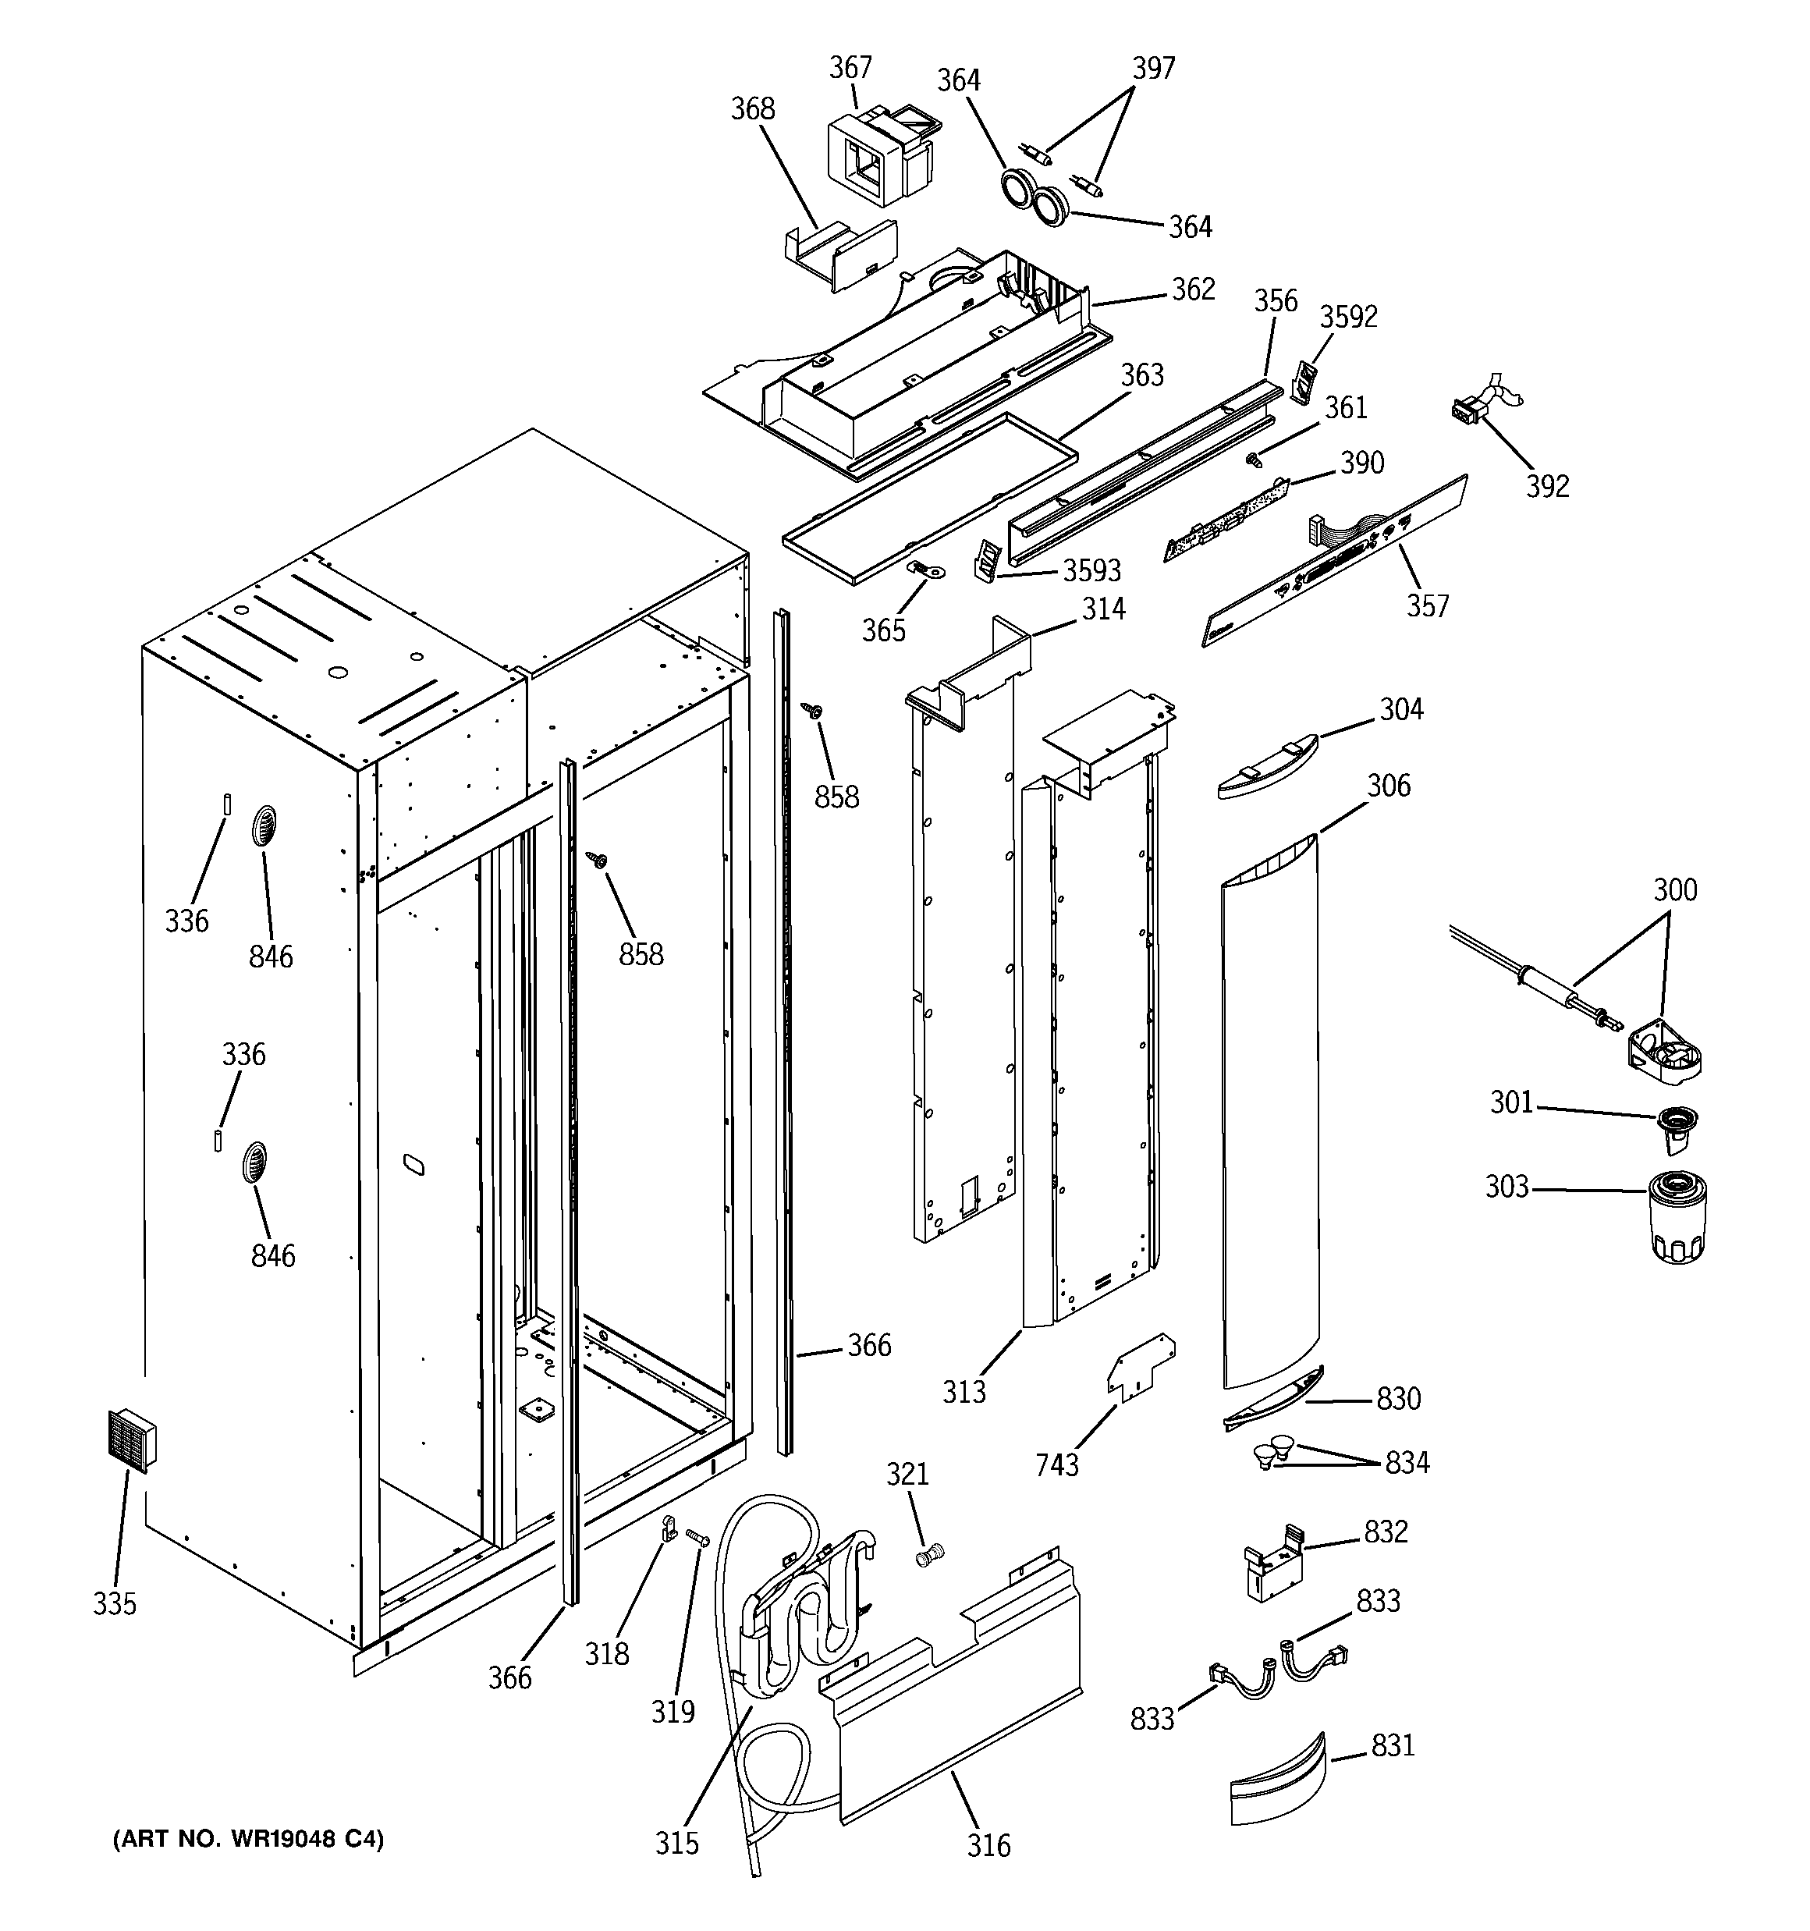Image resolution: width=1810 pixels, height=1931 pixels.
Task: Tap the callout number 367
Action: (x=850, y=68)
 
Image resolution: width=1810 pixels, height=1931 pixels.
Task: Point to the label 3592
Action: (x=1348, y=317)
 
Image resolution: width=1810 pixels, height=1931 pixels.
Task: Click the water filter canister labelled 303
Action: (x=1678, y=1216)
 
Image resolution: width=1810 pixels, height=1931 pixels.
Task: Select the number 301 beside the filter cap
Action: (x=1512, y=1102)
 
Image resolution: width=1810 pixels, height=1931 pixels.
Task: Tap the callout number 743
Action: (x=1057, y=1464)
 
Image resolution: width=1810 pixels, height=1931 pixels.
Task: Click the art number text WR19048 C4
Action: (x=249, y=1839)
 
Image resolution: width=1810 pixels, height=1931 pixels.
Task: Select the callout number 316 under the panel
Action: (x=989, y=1844)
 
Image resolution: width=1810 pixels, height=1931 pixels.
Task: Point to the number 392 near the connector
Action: (x=1547, y=485)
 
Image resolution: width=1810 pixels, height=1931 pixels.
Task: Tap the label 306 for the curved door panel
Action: (x=1389, y=785)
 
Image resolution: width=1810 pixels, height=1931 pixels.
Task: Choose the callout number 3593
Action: (x=1092, y=570)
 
